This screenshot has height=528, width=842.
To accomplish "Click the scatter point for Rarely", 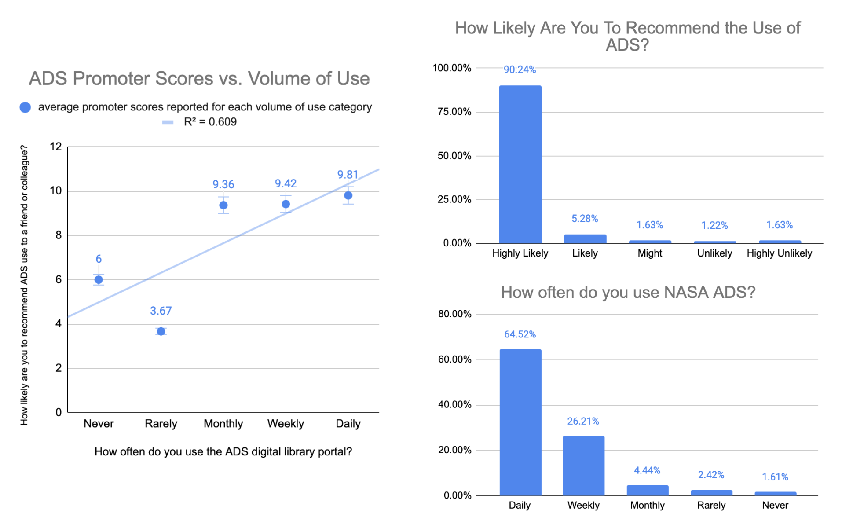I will coord(161,331).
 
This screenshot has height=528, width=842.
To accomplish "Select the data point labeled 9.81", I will coord(348,195).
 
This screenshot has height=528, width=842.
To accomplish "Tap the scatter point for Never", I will coord(99,279).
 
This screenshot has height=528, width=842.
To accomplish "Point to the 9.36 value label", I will coord(223,184).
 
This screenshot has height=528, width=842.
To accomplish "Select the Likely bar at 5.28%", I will coord(585,239).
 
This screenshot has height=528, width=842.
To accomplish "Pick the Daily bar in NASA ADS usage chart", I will coord(520,422).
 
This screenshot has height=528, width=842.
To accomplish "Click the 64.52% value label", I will coord(520,334).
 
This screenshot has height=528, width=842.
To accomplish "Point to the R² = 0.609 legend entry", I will coord(210,122).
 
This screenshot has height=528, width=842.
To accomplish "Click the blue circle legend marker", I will coord(26,107).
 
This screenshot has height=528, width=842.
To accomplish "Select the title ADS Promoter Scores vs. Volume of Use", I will coord(199,79).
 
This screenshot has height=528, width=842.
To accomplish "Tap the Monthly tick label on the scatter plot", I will coord(223,424).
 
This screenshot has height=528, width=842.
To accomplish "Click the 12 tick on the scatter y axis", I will coord(56,147).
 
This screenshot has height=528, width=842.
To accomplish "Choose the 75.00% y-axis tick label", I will coord(454,112).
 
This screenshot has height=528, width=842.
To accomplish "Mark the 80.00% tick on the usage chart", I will coord(454,314).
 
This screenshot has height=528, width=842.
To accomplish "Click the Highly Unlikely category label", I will coord(779,253).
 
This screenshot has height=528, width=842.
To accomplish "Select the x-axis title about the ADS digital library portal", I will coord(223,452).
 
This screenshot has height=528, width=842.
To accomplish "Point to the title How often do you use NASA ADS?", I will coord(628,292).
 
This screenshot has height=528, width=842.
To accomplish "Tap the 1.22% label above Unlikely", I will coord(714,225).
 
